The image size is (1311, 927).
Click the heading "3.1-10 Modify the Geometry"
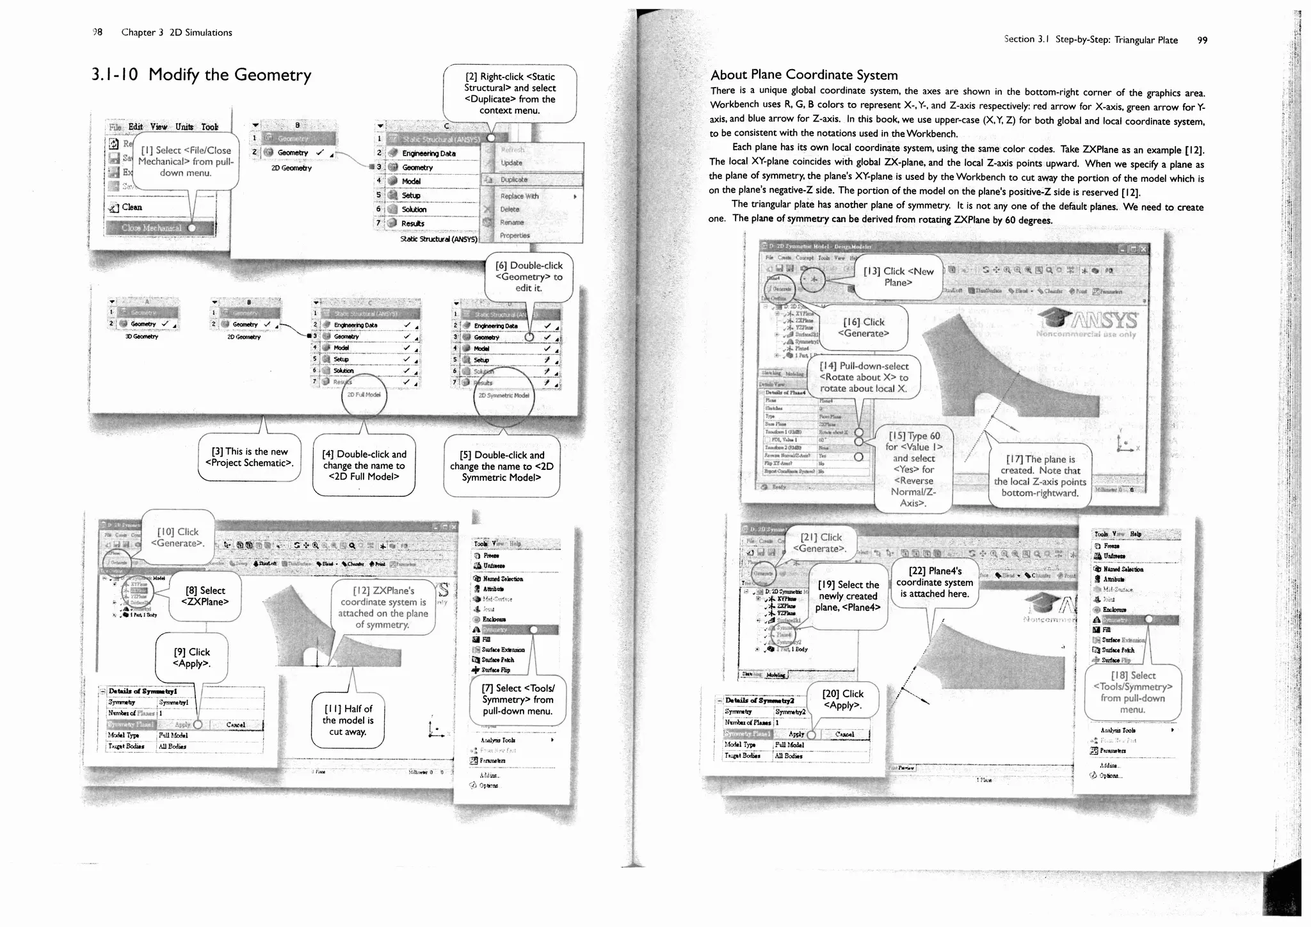pyautogui.click(x=201, y=76)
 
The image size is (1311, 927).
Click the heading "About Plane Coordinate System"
pyautogui.click(x=804, y=75)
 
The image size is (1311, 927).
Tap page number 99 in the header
pyautogui.click(x=1202, y=40)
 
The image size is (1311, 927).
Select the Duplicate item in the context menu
pyautogui.click(x=514, y=180)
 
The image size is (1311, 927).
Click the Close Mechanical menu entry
pyautogui.click(x=152, y=228)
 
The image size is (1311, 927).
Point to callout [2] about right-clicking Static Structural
pyautogui.click(x=510, y=93)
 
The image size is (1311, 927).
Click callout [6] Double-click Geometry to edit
pyautogui.click(x=528, y=277)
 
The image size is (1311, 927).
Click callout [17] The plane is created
pyautogui.click(x=1040, y=476)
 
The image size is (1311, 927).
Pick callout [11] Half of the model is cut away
pyautogui.click(x=348, y=720)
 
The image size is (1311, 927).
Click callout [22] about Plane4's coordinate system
pyautogui.click(x=935, y=582)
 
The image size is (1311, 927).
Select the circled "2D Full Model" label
pyautogui.click(x=364, y=395)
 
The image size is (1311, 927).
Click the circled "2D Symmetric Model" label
pyautogui.click(x=504, y=396)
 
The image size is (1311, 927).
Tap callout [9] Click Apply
pyautogui.click(x=191, y=657)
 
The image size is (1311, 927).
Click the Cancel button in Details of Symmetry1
pyautogui.click(x=236, y=725)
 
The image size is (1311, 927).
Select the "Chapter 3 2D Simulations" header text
pyautogui.click(x=177, y=33)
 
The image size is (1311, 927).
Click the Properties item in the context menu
pyautogui.click(x=515, y=236)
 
